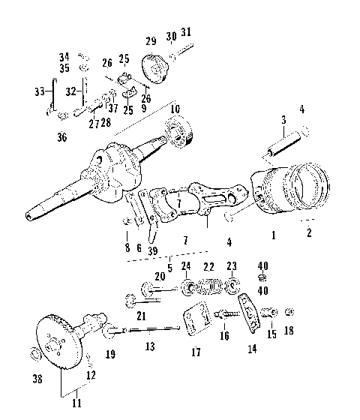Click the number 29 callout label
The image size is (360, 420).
[151, 40]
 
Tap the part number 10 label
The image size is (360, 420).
[175, 109]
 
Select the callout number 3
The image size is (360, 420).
[283, 120]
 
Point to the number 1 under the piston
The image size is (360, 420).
[274, 235]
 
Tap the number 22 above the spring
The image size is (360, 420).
[209, 267]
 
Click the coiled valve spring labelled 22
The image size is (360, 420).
[209, 286]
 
